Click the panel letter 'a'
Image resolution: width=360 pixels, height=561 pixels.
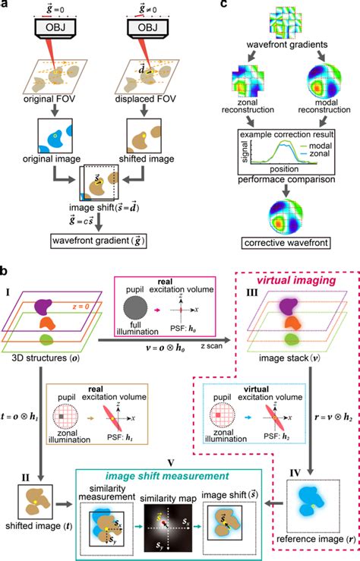point(6,5)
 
